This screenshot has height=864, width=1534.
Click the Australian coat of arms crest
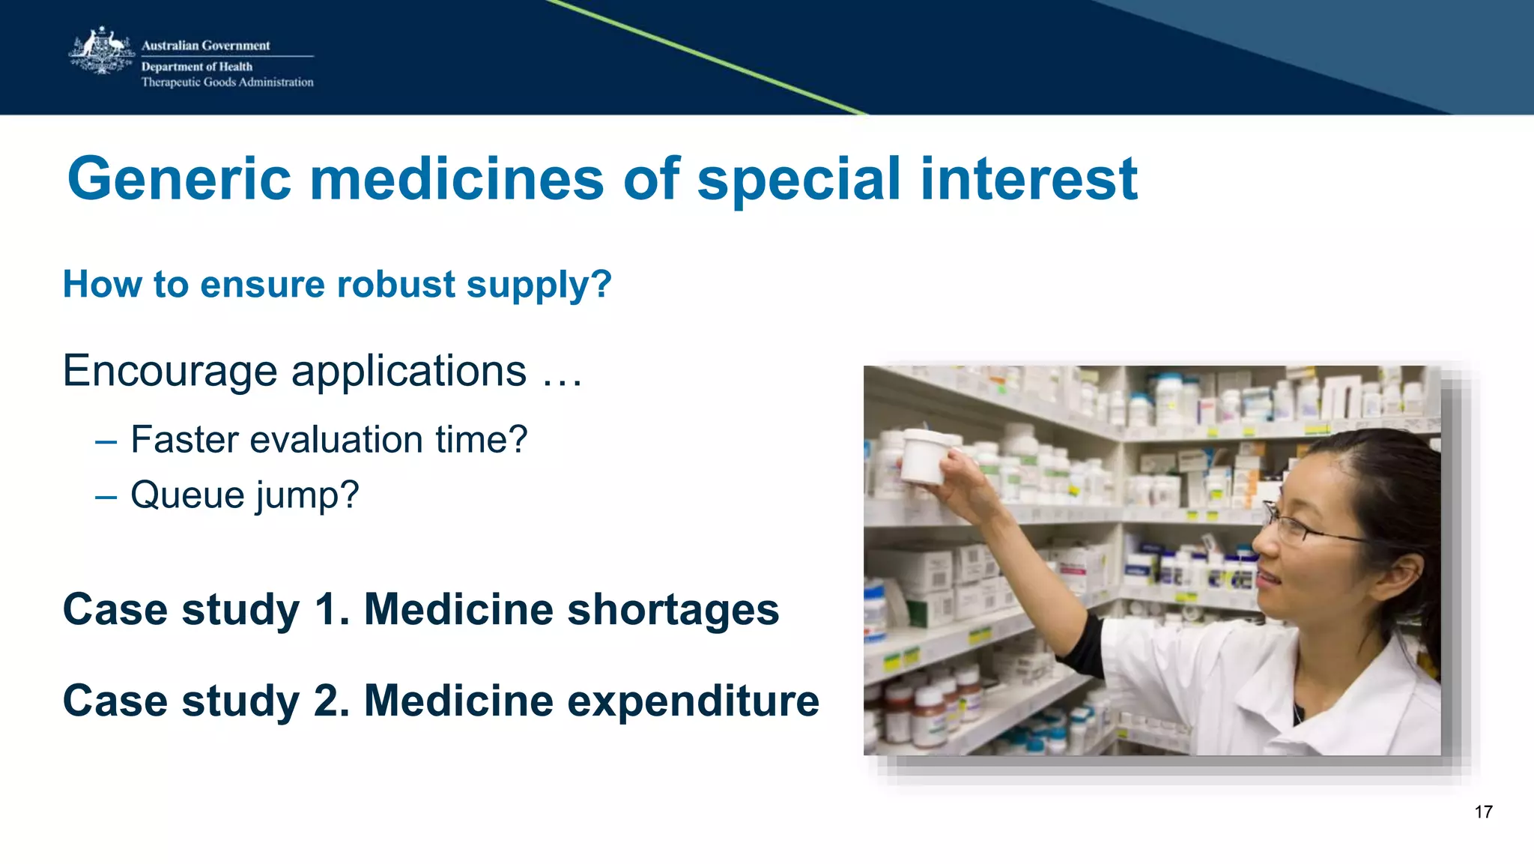coord(101,52)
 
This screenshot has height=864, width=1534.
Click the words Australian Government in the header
coord(205,46)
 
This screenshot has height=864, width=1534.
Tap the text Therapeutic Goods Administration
coord(227,82)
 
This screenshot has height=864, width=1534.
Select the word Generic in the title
coord(179,180)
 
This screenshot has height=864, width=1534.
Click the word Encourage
coord(170,372)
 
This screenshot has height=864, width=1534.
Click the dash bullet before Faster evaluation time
coord(106,441)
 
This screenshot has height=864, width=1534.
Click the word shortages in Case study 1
coord(673,610)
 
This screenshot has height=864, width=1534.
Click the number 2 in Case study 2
coord(327,701)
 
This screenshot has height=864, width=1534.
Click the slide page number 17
coord(1483,812)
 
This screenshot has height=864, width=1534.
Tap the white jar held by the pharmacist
coord(925,456)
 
